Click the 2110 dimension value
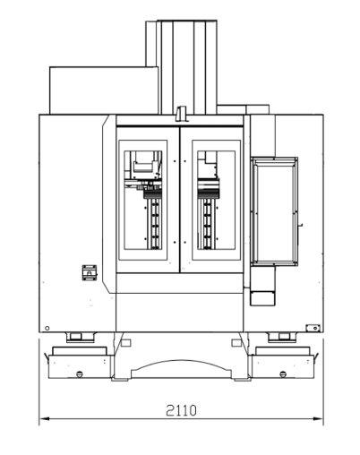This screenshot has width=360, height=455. [181, 410]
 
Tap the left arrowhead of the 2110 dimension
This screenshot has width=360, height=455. [44, 419]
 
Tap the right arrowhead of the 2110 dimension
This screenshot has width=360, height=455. [318, 419]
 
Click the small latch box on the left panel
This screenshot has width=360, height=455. [90, 272]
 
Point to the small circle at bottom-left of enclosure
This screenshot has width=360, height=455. [47, 328]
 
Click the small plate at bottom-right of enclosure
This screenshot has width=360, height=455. [313, 328]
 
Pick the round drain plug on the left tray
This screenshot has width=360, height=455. [80, 373]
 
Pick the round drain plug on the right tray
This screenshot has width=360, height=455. [283, 373]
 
